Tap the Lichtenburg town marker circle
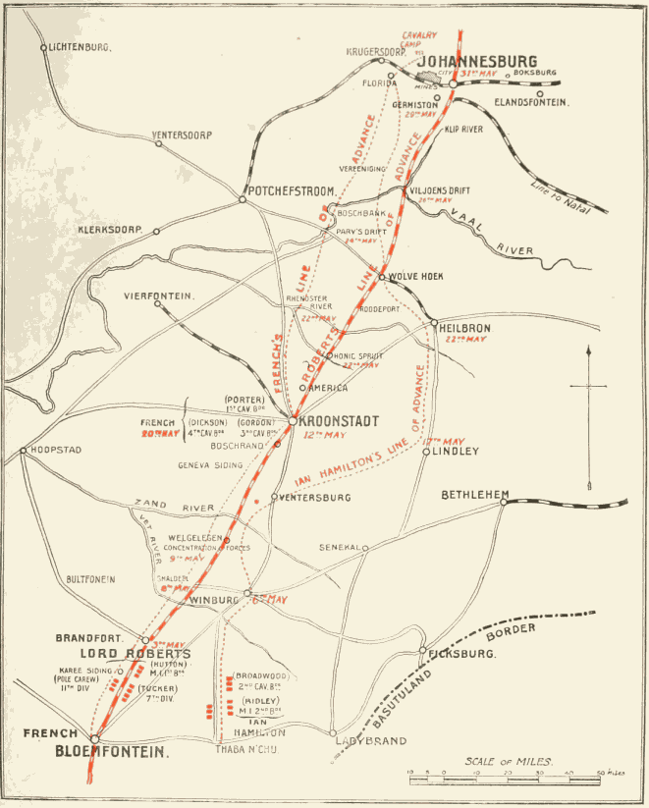point(43,47)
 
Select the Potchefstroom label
point(293,190)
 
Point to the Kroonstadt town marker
point(292,421)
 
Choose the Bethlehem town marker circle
point(504,502)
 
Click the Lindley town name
point(457,452)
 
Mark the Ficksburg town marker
point(423,650)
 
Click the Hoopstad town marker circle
point(23,452)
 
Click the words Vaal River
point(496,237)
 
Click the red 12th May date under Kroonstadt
point(324,434)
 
